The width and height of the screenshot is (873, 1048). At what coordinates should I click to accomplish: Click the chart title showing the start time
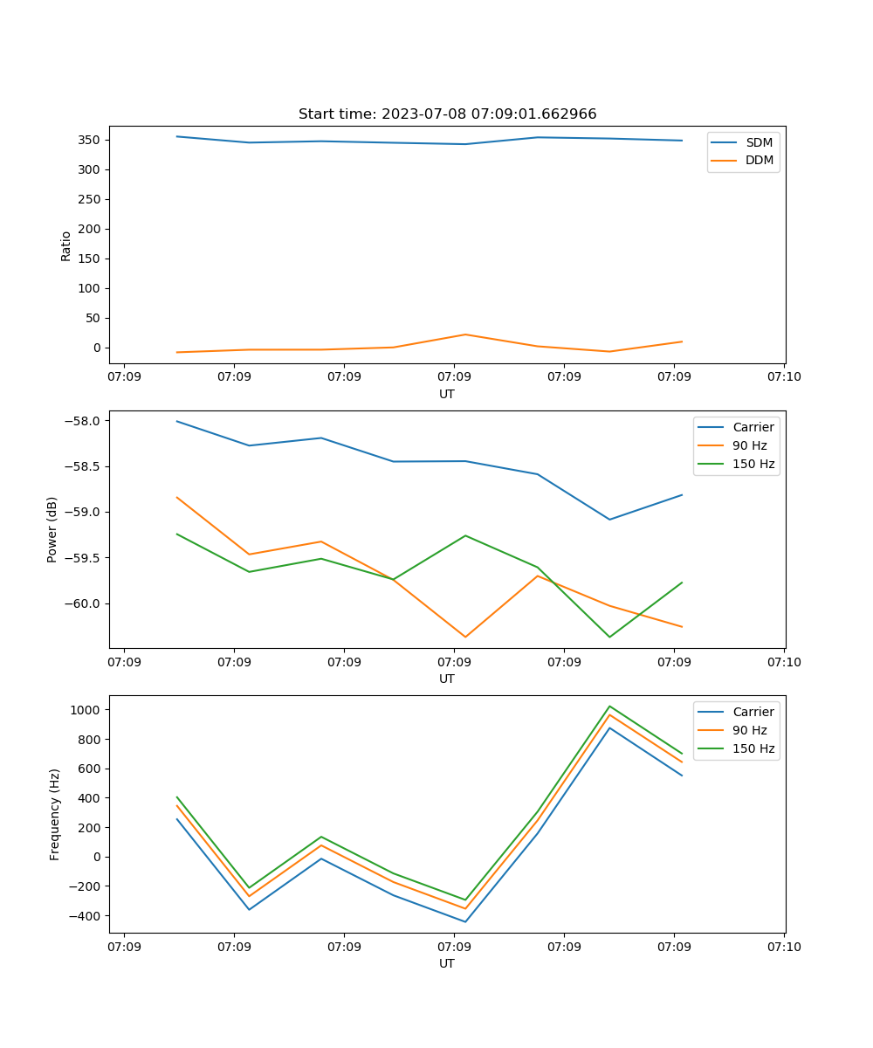[447, 114]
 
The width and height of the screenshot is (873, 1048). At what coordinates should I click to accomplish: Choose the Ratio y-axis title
[66, 245]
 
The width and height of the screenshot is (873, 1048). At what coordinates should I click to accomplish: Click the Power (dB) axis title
[52, 529]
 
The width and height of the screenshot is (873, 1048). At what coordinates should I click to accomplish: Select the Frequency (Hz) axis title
[55, 814]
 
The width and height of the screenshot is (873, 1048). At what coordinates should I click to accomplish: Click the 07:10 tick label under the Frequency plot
[783, 947]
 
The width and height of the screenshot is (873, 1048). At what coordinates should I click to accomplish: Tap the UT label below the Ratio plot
[447, 394]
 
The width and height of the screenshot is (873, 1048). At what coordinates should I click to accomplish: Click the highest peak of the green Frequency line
[609, 706]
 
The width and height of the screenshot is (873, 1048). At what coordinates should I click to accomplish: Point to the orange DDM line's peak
[465, 334]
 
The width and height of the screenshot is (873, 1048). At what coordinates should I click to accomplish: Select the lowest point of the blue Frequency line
[465, 921]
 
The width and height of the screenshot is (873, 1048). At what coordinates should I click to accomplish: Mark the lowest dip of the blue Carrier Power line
[609, 520]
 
